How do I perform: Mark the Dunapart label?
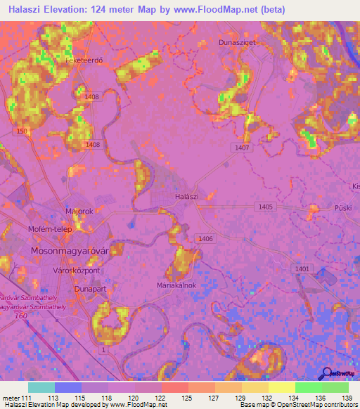coord(89,288)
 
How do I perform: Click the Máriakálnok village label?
coord(176,285)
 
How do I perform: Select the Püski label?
coord(343,208)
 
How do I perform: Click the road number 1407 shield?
coord(242,148)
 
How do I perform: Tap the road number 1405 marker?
coord(265,206)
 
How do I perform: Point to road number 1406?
coord(205,240)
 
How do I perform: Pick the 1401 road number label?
coord(302,269)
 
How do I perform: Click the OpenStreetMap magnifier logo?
coord(326,374)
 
